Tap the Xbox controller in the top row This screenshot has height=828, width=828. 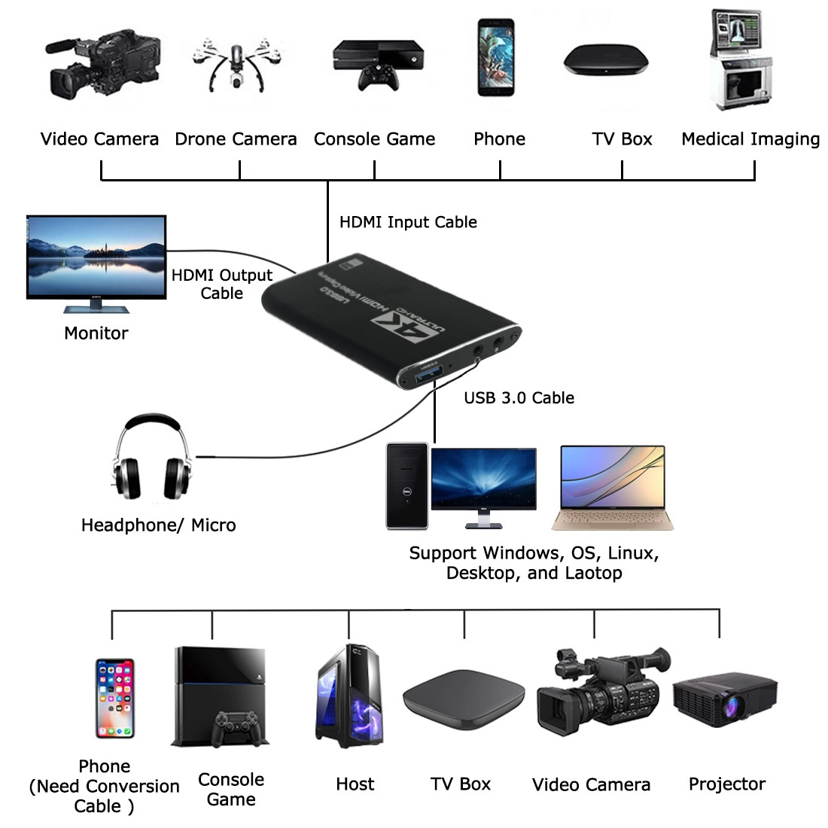tap(378, 77)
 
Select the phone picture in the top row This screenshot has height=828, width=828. tap(496, 57)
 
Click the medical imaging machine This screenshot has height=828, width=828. tap(741, 59)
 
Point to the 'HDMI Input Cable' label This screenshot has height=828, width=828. tap(408, 222)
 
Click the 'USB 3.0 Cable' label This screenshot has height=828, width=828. tap(519, 397)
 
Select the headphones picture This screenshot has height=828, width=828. tap(152, 457)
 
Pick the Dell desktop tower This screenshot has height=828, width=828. tap(407, 486)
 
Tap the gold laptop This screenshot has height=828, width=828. tap(613, 488)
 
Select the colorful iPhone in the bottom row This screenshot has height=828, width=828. tap(115, 698)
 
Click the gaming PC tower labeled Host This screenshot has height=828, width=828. tap(349, 696)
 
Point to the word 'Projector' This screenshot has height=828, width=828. tap(727, 784)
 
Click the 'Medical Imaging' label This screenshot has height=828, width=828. tap(750, 139)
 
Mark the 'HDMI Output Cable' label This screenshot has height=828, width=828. tap(222, 284)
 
